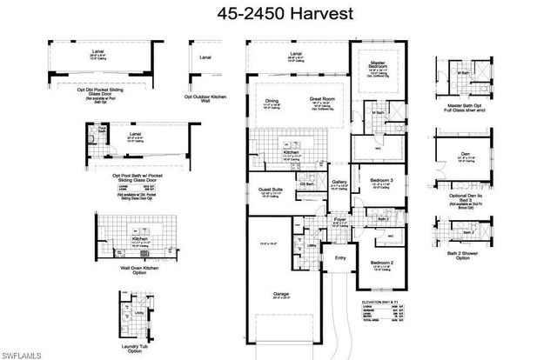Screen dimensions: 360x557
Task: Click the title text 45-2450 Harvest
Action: pos(278,15)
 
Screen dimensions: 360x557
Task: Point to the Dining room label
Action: pos(272,100)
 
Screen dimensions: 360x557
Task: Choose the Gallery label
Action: pos(339,182)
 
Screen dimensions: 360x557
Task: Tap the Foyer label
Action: pos(339,221)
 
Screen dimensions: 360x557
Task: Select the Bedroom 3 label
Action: pos(381,179)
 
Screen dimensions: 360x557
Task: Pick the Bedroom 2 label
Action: pos(381,262)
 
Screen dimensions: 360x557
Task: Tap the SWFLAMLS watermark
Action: pos(23,352)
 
